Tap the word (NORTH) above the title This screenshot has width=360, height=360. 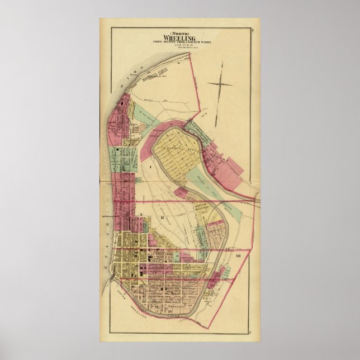[179, 31]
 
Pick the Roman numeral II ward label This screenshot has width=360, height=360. [161, 217]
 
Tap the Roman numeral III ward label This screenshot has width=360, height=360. [238, 255]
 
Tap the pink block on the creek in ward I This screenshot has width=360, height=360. [181, 193]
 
